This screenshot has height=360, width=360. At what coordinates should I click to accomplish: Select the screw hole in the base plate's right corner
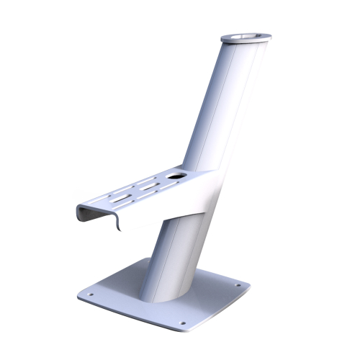point(232,284)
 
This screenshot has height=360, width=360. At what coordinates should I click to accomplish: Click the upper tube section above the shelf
point(216,108)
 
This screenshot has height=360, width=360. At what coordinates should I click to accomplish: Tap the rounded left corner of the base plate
point(78,295)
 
